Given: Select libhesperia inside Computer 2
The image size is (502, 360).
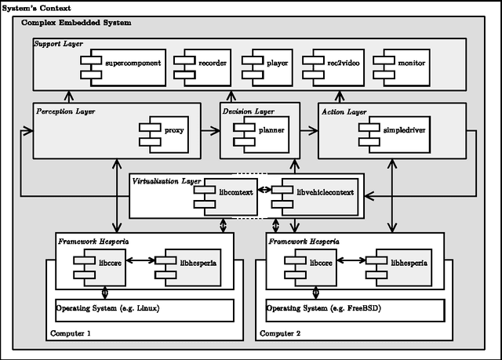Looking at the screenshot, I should [x=402, y=264].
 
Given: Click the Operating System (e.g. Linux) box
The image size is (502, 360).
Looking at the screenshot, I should [x=144, y=309].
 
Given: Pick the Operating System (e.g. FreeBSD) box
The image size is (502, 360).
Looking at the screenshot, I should [x=355, y=309].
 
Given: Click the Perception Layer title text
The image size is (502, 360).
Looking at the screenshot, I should [x=66, y=112].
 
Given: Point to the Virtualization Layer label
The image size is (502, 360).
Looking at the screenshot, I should [x=166, y=181].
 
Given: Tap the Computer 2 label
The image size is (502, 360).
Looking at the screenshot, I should [x=281, y=333].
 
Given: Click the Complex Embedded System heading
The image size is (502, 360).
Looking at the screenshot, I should [x=77, y=24].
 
